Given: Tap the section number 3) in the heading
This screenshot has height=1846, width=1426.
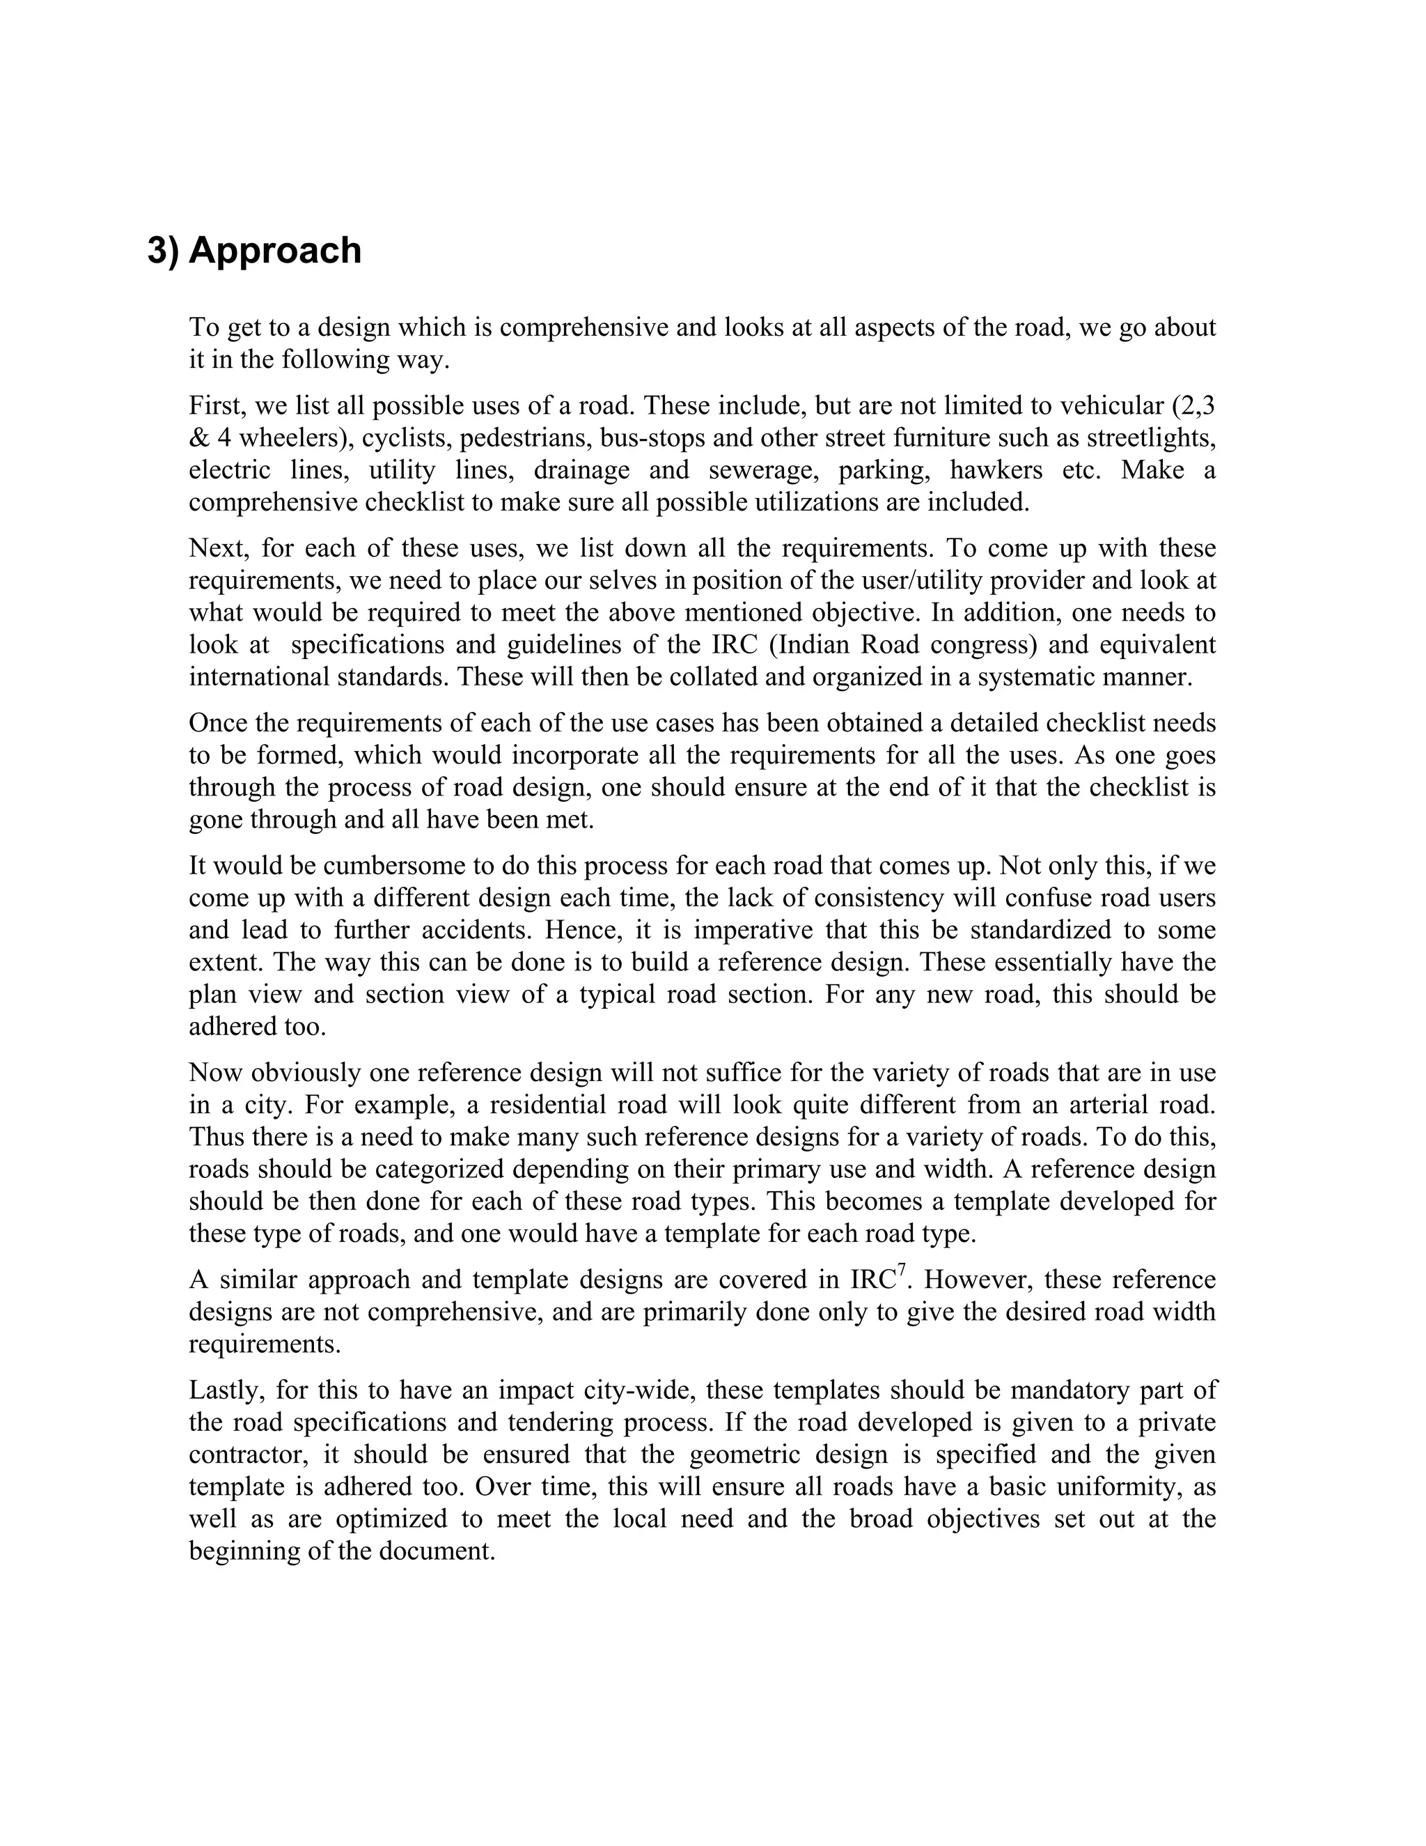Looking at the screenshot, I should [164, 251].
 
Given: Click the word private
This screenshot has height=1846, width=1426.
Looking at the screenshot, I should [1177, 1422].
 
